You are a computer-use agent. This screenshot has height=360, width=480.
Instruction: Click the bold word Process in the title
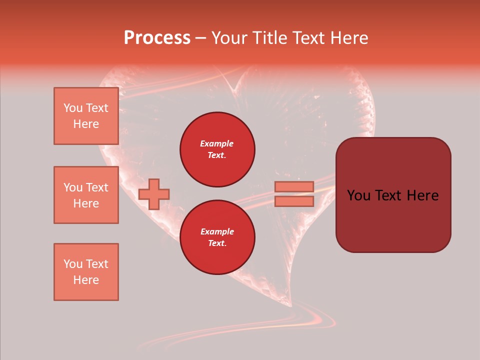pyautogui.click(x=157, y=37)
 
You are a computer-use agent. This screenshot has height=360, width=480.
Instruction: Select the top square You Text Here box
pyautogui.click(x=86, y=116)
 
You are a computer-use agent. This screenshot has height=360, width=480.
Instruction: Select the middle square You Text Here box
pyautogui.click(x=86, y=195)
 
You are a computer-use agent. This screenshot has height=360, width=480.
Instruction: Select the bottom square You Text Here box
pyautogui.click(x=86, y=272)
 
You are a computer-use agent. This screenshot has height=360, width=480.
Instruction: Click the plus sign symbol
pyautogui.click(x=154, y=194)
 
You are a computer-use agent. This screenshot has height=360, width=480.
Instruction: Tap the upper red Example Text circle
pyautogui.click(x=217, y=149)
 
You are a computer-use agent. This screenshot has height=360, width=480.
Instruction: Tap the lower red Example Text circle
pyautogui.click(x=217, y=237)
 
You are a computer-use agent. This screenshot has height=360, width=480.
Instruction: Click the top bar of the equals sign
pyautogui.click(x=294, y=186)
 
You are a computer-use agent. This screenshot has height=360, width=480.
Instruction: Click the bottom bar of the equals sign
pyautogui.click(x=294, y=201)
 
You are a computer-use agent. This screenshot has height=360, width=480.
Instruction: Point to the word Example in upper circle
pyautogui.click(x=217, y=143)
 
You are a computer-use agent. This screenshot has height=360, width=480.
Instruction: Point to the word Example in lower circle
pyautogui.click(x=217, y=231)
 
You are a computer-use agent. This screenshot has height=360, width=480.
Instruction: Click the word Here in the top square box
pyautogui.click(x=86, y=124)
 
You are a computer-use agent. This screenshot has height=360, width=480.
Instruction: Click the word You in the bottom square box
pyautogui.click(x=73, y=264)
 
